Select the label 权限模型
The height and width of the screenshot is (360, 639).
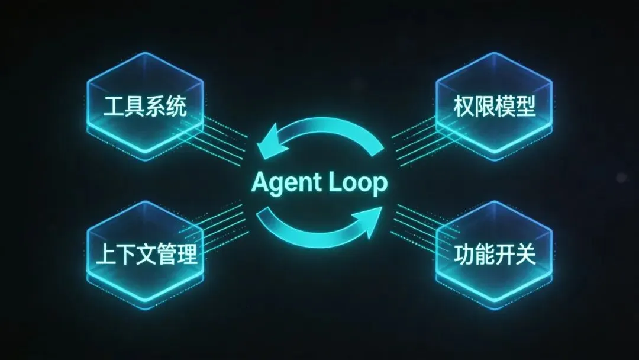495,107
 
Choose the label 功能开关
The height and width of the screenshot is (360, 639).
495,255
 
